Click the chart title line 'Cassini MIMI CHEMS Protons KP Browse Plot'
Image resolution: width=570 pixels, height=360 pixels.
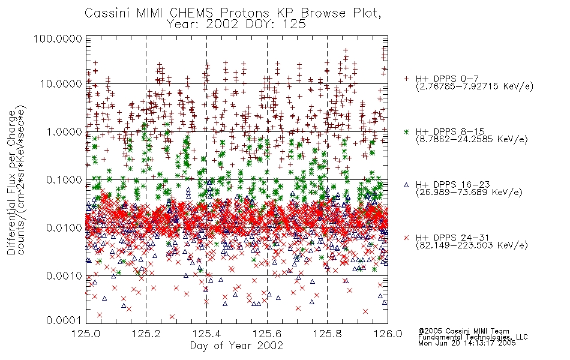click(x=233, y=13)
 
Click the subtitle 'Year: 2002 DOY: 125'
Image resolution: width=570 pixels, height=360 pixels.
click(x=236, y=25)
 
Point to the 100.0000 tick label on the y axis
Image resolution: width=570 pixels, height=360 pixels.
click(x=58, y=38)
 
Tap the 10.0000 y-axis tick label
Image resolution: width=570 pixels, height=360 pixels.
click(x=61, y=84)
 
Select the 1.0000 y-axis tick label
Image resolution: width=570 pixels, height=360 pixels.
click(x=64, y=131)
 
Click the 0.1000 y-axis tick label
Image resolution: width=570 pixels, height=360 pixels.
click(x=64, y=179)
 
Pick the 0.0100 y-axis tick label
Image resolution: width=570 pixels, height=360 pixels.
click(x=64, y=228)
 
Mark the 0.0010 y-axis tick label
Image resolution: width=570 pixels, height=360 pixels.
click(x=64, y=276)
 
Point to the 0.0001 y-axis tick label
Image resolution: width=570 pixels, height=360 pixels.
click(x=64, y=320)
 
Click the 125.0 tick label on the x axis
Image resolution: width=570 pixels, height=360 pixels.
click(x=86, y=334)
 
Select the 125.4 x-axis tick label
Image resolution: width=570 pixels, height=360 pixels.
click(x=206, y=334)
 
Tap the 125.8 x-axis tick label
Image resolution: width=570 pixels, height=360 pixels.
click(x=327, y=334)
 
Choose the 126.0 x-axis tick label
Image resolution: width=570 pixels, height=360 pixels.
click(x=388, y=334)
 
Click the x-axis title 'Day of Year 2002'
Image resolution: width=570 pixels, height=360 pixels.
click(x=236, y=346)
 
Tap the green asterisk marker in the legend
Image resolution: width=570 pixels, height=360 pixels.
click(x=406, y=131)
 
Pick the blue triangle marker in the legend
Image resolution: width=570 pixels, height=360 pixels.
click(x=406, y=185)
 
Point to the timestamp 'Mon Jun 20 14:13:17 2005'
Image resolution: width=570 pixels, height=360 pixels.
click(x=467, y=343)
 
